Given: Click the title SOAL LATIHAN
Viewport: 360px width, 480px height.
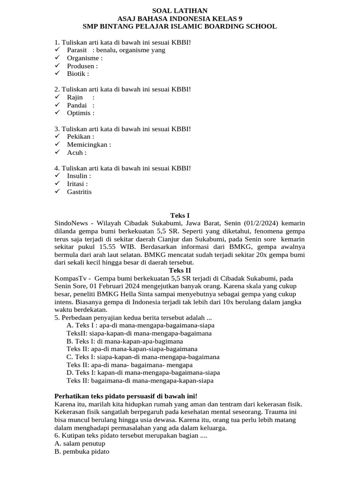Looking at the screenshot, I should point(180,10).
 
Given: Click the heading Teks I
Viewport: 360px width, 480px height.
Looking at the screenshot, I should point(180,215).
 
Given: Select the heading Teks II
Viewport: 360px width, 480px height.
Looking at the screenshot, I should point(180,270).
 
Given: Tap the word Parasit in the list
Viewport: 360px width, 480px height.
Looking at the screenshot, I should point(77,50).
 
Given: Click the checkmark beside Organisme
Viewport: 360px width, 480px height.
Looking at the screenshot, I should point(57,58).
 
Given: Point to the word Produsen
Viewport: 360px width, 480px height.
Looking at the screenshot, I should point(80,66).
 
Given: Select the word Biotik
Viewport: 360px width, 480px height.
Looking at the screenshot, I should point(75,74).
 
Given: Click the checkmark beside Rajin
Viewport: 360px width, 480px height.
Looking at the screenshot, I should point(57,97).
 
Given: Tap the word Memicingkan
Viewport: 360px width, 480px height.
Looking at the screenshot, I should point(87,144).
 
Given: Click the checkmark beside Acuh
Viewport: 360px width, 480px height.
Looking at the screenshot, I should point(57,152).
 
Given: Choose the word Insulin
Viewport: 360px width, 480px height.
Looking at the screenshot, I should point(77,176).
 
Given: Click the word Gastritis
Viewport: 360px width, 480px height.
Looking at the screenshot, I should point(79,192).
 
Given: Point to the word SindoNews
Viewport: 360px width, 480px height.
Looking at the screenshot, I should point(72,223).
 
